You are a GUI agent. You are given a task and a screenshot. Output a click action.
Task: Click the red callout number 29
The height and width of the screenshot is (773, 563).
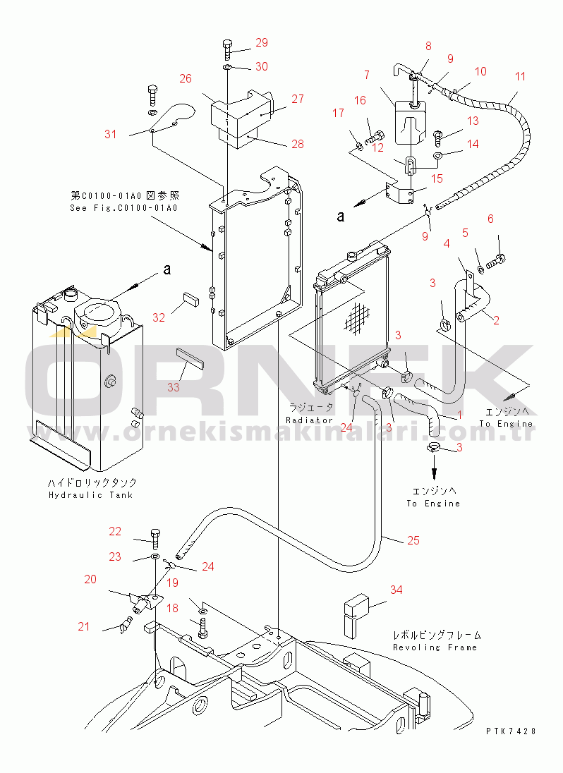[262, 42]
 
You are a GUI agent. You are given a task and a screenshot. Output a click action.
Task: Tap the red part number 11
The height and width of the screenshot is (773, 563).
[520, 76]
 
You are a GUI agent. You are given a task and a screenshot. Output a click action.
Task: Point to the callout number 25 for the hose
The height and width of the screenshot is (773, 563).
[413, 540]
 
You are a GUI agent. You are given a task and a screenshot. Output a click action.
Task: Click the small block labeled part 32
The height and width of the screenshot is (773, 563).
[190, 298]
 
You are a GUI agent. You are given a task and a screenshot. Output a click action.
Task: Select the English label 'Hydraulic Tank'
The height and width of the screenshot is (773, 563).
[91, 495]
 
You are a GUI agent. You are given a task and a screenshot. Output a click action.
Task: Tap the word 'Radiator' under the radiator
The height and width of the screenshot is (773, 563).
[310, 420]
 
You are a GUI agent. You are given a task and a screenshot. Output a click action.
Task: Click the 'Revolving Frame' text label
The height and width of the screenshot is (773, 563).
[435, 647]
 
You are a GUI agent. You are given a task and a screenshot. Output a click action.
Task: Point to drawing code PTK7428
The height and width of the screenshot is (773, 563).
[511, 731]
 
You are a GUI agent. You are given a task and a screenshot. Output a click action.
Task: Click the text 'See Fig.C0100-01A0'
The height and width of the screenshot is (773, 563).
[123, 208]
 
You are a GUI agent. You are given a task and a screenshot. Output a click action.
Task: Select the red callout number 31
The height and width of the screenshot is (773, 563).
[111, 134]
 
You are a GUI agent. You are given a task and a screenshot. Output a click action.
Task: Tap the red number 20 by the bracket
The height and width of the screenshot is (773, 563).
[90, 579]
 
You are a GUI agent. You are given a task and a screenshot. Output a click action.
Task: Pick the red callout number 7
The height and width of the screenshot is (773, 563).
[367, 75]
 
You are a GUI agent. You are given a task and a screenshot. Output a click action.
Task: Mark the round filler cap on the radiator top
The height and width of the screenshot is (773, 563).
[351, 256]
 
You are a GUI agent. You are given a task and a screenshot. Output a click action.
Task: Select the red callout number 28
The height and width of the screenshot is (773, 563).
[297, 144]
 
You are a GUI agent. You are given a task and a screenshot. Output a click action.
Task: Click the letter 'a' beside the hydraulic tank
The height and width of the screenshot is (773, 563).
[168, 269]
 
